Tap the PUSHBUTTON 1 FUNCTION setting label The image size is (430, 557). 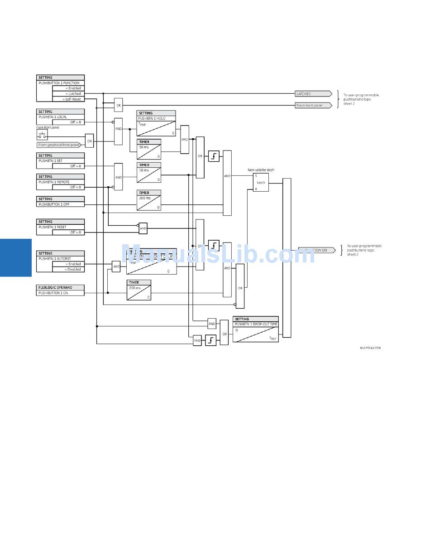pyautogui.click(x=59, y=83)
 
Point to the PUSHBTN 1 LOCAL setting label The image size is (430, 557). pyautogui.click(x=53, y=117)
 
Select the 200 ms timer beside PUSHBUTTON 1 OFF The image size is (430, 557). pyautogui.click(x=149, y=200)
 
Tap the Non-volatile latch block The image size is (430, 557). pyautogui.click(x=261, y=182)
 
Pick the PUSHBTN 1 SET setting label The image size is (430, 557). pyautogui.click(x=51, y=161)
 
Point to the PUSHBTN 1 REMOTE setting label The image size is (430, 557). pyautogui.click(x=54, y=182)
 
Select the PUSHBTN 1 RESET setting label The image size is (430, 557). pyautogui.click(x=53, y=227)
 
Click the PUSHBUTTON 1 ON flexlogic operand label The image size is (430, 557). pyautogui.click(x=53, y=293)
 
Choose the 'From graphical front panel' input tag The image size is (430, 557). pyautogui.click(x=59, y=145)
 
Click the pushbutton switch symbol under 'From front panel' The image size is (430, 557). pyautogui.click(x=42, y=135)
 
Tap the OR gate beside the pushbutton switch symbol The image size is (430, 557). pyautogui.click(x=90, y=141)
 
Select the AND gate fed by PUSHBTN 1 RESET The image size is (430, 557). pyautogui.click(x=143, y=228)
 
